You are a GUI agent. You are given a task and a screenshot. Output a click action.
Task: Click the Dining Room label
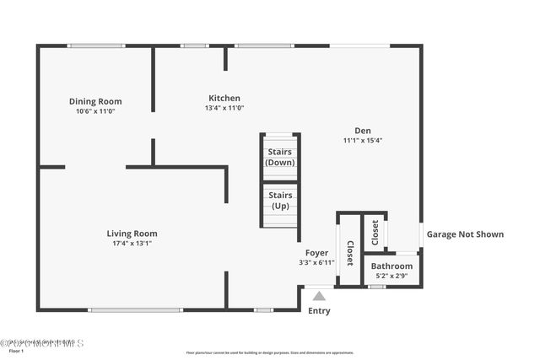[94, 101]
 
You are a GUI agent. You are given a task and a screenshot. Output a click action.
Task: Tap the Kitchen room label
[224, 98]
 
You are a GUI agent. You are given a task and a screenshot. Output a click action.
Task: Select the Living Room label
[132, 234]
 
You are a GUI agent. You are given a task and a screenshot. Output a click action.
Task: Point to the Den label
[363, 130]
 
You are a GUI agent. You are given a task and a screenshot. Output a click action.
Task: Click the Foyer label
[316, 252]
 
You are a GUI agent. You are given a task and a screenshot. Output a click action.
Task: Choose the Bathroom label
[392, 266]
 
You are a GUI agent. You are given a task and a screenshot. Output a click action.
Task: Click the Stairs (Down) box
[280, 157]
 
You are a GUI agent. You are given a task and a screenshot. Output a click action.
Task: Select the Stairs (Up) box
[280, 201]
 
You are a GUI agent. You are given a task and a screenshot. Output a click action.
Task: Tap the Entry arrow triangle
[319, 295]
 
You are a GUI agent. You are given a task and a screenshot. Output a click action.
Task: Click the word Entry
[319, 311]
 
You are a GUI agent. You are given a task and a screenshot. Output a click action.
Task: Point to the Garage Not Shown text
[465, 234]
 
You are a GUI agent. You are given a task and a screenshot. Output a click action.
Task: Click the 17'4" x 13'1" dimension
[132, 244]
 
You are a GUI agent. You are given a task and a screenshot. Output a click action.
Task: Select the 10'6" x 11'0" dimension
[94, 110]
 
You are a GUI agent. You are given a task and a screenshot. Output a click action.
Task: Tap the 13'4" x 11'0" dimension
[224, 108]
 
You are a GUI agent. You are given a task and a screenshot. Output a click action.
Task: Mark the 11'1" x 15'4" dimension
[363, 140]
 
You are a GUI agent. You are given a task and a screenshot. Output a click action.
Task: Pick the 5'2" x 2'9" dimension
[392, 277]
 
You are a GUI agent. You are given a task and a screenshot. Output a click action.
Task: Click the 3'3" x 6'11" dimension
[316, 262]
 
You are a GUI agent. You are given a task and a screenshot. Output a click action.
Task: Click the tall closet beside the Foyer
[349, 250]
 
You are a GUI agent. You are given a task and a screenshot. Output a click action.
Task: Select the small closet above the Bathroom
[375, 233]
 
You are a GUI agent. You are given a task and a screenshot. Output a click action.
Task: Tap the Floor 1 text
[17, 352]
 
